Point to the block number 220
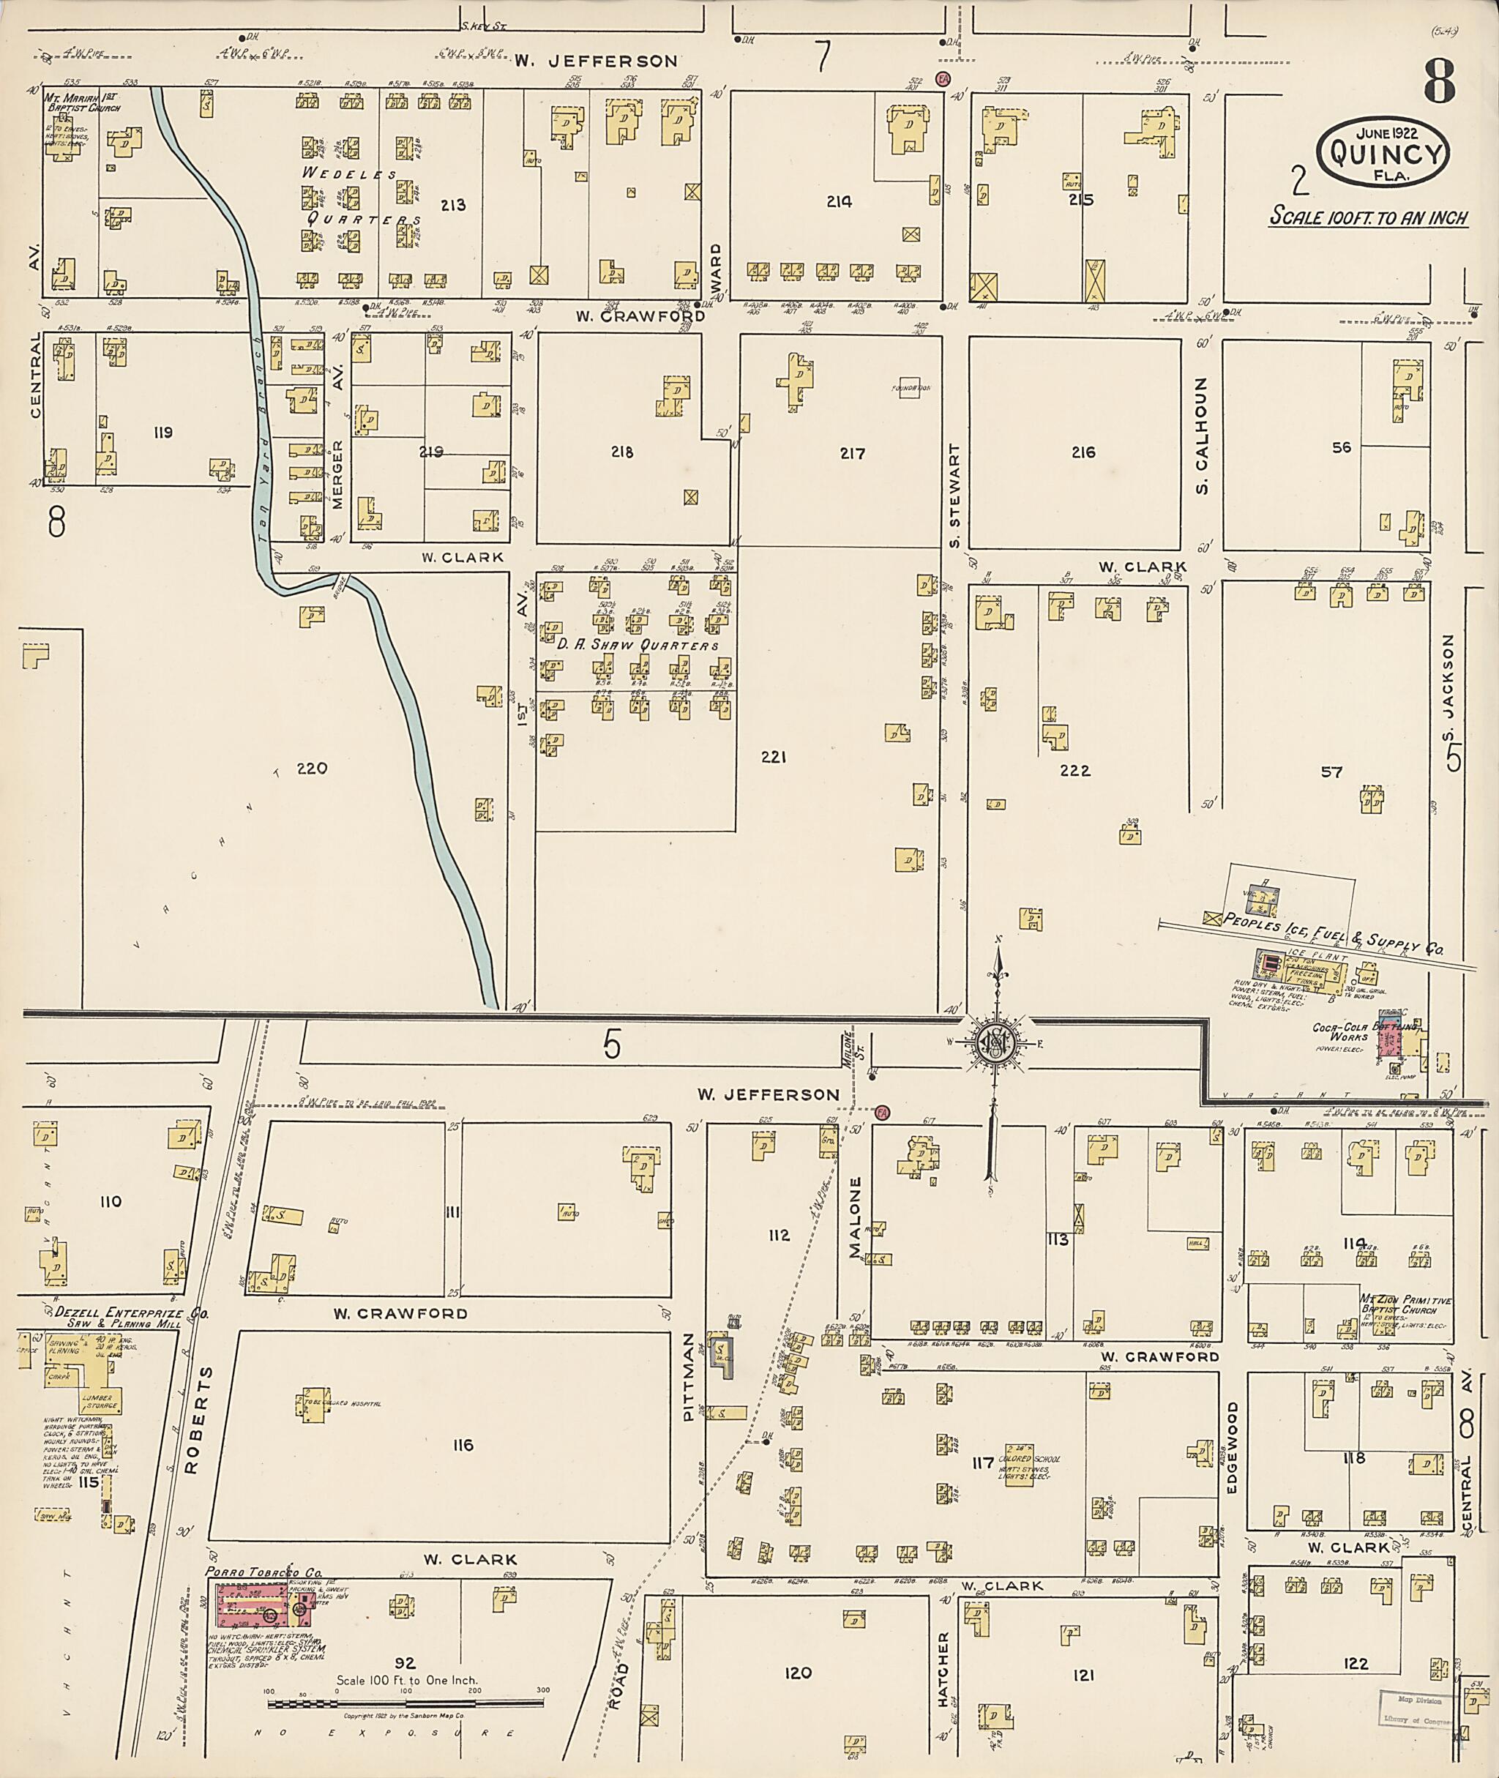point(312,769)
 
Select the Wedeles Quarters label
point(360,196)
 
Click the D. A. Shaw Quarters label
point(638,645)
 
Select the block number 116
point(463,1445)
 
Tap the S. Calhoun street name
point(1202,437)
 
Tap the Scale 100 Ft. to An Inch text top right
point(1369,217)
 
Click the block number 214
point(839,201)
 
